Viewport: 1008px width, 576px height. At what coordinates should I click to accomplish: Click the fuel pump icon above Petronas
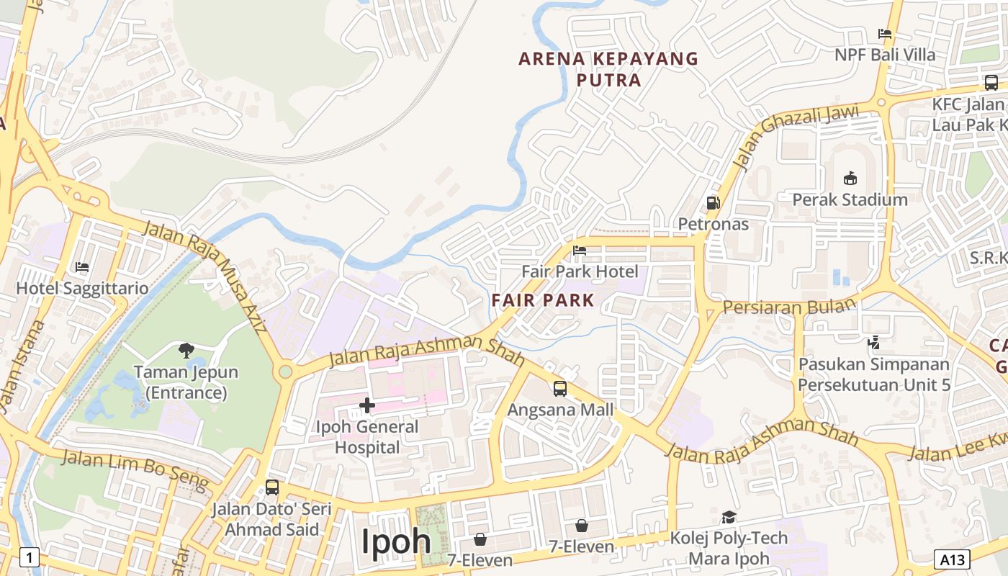(713, 203)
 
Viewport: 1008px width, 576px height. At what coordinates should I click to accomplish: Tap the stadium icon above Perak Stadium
(850, 178)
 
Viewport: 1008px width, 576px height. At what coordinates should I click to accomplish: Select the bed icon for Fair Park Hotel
(580, 251)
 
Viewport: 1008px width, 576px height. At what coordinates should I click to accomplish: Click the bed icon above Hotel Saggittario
(82, 267)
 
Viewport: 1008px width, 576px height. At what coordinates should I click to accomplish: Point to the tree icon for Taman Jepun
(186, 351)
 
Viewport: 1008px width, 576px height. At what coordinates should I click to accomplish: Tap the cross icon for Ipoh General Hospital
(367, 405)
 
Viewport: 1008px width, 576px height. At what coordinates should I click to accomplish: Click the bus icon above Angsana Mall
(560, 389)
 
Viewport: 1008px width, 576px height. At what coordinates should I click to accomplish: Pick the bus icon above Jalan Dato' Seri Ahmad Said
(271, 487)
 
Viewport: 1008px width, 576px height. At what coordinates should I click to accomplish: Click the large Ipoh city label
(396, 541)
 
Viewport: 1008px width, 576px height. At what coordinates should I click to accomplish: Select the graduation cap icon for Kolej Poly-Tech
(729, 517)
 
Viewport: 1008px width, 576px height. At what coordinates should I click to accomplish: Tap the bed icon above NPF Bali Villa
(885, 34)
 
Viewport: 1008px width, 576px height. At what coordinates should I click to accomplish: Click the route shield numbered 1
(29, 557)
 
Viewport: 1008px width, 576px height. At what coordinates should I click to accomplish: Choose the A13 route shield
(952, 559)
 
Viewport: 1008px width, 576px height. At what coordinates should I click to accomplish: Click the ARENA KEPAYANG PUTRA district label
(608, 69)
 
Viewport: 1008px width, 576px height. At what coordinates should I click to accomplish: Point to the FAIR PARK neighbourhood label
(543, 300)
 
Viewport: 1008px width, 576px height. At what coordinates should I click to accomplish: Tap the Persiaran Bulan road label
(789, 306)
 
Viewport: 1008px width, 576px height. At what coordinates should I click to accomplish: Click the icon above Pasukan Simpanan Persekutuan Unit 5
(874, 343)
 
